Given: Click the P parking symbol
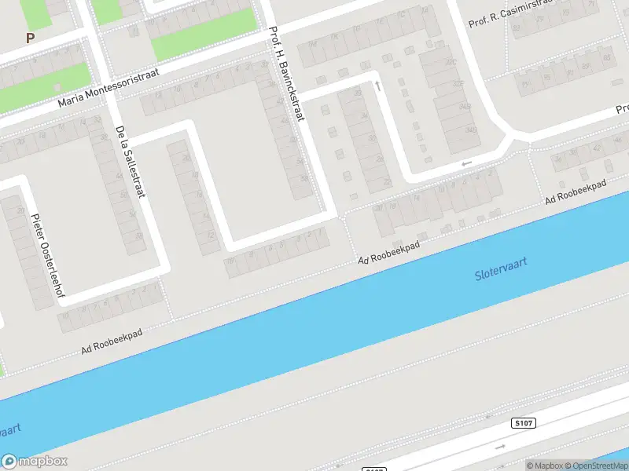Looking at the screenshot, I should [x=30, y=38].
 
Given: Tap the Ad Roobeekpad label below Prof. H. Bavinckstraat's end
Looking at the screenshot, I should [x=388, y=252].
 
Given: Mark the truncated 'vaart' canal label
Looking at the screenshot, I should [x=9, y=431].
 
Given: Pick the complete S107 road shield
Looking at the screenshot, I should [x=524, y=423].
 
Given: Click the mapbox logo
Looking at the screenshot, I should [x=35, y=461].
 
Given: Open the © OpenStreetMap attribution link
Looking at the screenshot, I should [x=596, y=466].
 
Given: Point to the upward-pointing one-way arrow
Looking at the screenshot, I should [x=378, y=85].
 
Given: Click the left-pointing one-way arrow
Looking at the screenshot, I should [x=467, y=163].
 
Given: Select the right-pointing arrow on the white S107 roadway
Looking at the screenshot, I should [x=501, y=447].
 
